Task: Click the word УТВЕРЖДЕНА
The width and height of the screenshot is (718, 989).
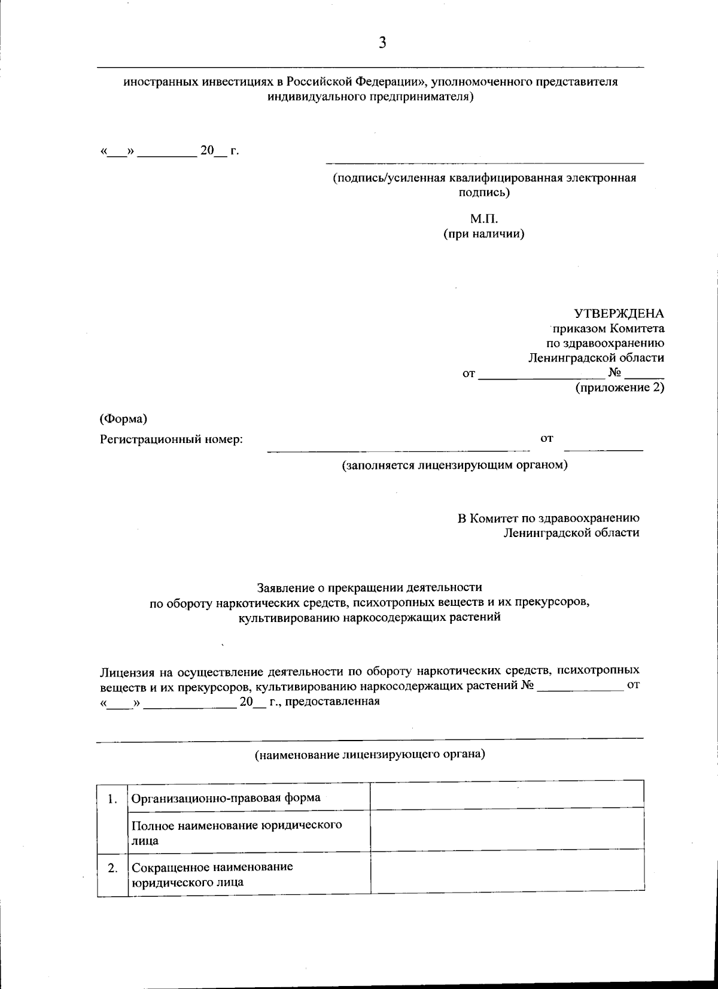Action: click(619, 314)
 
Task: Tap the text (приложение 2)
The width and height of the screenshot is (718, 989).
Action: click(620, 388)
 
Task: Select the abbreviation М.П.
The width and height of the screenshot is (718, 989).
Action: click(484, 219)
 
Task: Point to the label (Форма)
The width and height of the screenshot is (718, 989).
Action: click(123, 418)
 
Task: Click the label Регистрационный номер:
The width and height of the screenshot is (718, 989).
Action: click(171, 439)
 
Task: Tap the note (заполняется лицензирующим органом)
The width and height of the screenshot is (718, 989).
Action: click(454, 465)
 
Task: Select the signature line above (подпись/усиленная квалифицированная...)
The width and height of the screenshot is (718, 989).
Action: click(484, 163)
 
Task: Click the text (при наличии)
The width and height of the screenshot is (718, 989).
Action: click(483, 234)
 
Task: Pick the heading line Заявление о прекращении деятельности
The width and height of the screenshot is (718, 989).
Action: click(369, 588)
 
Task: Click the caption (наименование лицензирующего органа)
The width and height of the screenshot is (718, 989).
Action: click(370, 755)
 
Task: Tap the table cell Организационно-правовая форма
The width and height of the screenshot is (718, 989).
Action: click(226, 797)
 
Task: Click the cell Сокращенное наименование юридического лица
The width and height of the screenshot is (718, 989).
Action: click(212, 875)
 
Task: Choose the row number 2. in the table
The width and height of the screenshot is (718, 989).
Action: click(112, 867)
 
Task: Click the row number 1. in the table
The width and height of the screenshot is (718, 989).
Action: click(112, 798)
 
